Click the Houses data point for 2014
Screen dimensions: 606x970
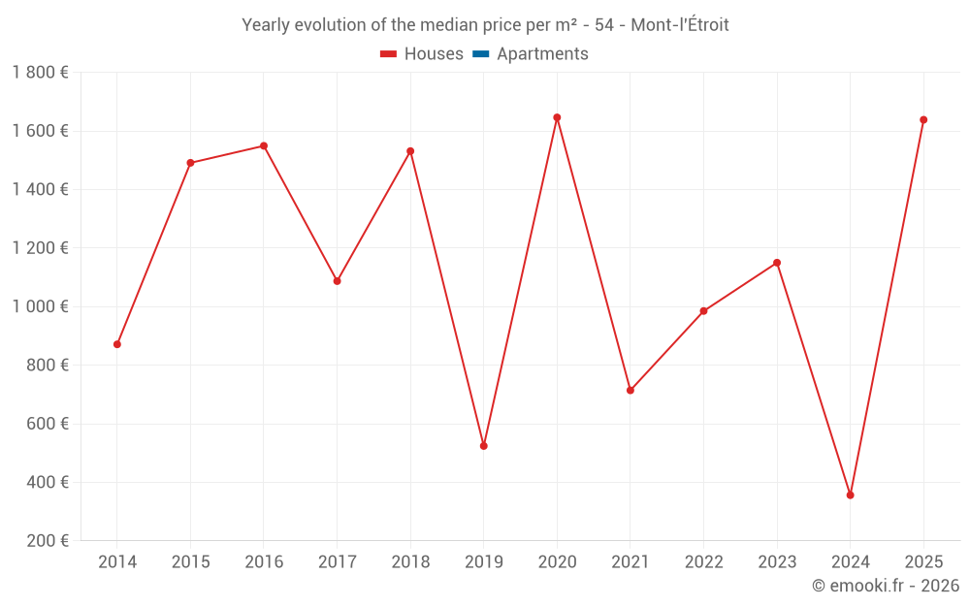tap(117, 344)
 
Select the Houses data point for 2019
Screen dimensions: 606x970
tap(484, 446)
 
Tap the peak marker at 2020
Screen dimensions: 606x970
tap(557, 117)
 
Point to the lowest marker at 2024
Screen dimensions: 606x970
tap(851, 495)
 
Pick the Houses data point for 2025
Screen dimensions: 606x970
tap(923, 120)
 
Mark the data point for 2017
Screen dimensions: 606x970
tap(338, 281)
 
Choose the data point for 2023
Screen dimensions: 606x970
tap(777, 263)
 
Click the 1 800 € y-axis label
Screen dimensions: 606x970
tap(40, 73)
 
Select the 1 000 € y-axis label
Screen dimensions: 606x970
tap(40, 306)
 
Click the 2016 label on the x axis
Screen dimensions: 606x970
tap(264, 562)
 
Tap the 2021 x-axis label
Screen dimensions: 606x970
tap(630, 562)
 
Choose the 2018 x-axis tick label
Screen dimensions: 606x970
tap(410, 562)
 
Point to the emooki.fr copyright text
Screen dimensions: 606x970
tap(886, 586)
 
